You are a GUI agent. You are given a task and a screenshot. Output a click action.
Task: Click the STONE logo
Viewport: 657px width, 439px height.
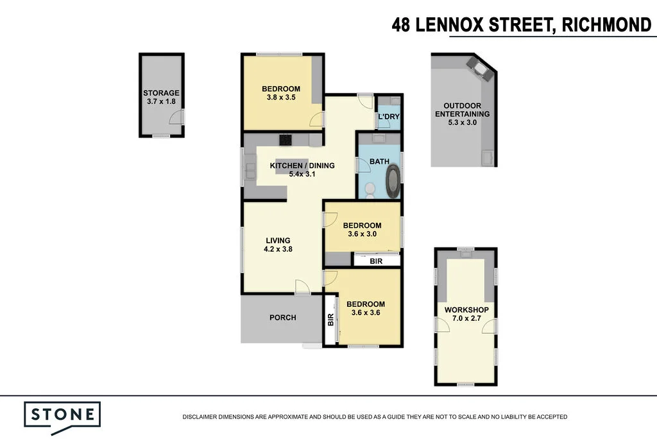62,418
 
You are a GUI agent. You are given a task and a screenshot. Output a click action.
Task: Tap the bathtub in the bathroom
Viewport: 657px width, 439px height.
393,181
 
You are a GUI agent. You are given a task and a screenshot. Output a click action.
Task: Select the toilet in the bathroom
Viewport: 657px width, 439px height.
370,190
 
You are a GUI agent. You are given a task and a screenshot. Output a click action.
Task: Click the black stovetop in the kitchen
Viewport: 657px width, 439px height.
286,140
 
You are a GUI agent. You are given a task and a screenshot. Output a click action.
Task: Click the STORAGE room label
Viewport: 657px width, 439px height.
161,92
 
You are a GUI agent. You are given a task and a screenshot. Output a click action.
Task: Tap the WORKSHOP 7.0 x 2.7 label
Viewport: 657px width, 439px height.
466,314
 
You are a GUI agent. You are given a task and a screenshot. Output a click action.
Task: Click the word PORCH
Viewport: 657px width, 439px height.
283,318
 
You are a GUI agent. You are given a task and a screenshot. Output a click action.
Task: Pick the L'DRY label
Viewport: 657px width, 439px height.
389,117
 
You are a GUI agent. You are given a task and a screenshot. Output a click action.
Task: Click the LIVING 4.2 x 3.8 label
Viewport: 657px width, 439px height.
278,245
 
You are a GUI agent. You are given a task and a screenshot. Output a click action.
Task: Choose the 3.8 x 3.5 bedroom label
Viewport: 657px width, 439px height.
281,92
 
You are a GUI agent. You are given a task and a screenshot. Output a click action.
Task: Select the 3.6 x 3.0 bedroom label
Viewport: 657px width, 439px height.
362,229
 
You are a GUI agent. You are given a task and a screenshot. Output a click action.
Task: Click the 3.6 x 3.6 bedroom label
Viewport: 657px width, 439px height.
366,308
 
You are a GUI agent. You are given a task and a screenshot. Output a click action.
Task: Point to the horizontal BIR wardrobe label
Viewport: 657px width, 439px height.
376,261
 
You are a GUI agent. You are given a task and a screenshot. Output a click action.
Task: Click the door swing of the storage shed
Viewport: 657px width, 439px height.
176,117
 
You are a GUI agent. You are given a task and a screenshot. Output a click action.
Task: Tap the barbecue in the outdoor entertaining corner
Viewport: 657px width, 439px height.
480,69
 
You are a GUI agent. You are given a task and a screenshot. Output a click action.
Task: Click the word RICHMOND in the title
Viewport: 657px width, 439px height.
606,25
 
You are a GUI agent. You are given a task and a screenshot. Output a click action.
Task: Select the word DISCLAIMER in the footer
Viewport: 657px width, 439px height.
200,417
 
